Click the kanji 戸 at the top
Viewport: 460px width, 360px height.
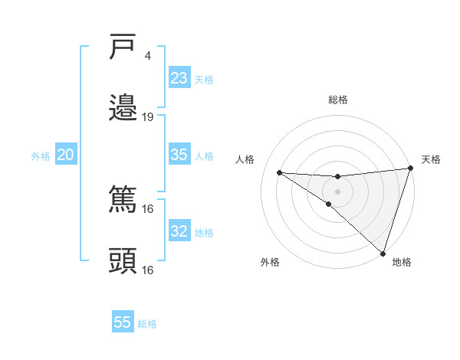coord(123,47)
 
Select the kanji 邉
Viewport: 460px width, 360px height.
coord(123,107)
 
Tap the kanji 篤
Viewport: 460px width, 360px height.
coord(123,200)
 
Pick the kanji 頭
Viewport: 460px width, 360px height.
coord(123,260)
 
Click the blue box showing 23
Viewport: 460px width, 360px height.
coord(179,78)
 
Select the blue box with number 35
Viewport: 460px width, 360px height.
coord(179,154)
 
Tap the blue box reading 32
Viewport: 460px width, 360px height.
coord(179,231)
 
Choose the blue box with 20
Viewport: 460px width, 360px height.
coord(65,155)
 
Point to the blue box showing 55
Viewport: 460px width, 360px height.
coord(123,322)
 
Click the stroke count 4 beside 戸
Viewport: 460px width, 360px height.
coord(147,56)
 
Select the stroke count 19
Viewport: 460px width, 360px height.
coord(148,117)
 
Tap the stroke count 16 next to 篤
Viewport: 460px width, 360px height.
coord(148,209)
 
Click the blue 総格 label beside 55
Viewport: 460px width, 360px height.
coord(147,324)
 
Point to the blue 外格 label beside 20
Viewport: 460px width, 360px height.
coord(41,156)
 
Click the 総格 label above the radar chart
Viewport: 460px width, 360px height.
coord(338,100)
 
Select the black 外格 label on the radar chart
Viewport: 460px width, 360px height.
coord(270,262)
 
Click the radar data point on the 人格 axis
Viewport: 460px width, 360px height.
coord(279,172)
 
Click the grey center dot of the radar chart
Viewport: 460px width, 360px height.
coord(337,191)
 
